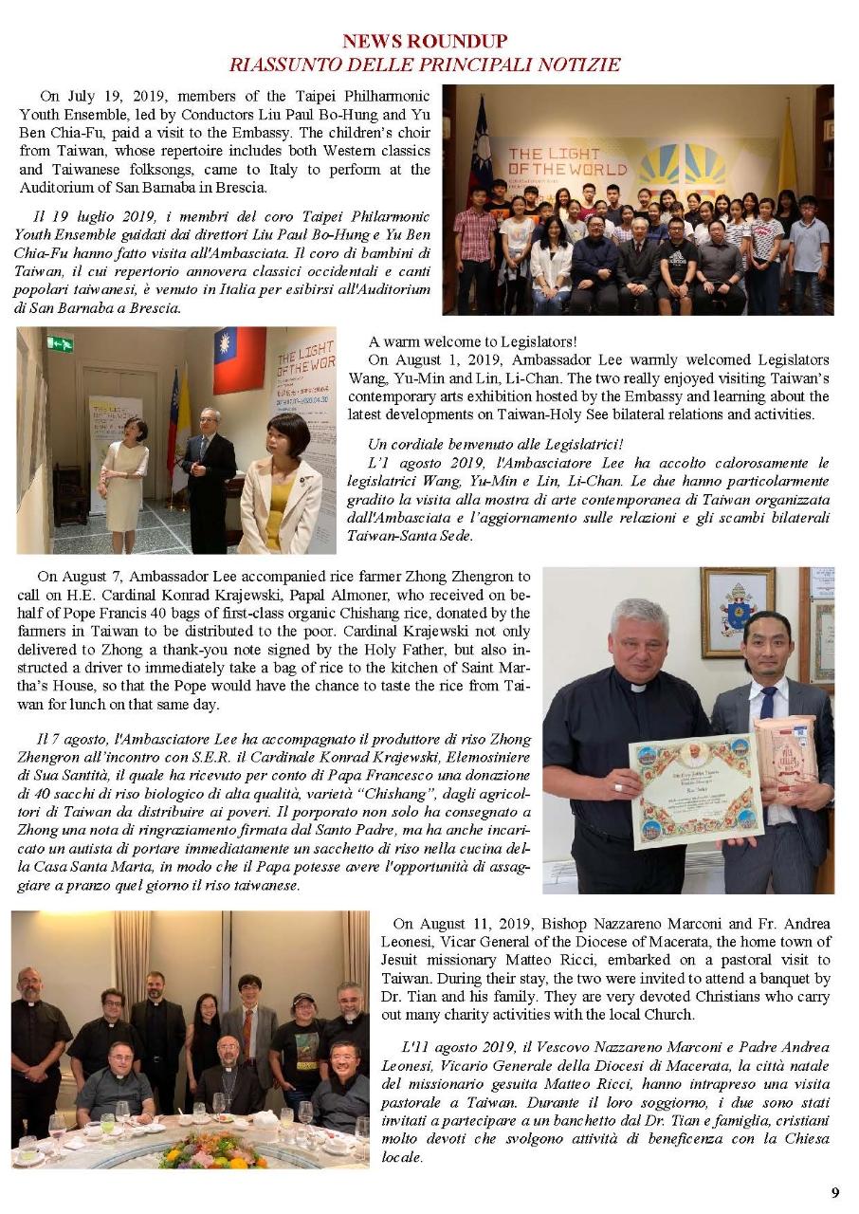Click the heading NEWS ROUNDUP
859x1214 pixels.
(x=425, y=42)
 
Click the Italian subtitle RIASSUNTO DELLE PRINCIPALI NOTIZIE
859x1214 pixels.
(x=425, y=64)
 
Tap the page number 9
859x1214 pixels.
(x=835, y=1193)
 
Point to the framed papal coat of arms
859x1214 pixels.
(x=737, y=611)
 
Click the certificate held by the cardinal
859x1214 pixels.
(x=695, y=786)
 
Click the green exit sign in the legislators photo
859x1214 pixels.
(x=60, y=343)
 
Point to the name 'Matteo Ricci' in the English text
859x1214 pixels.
(x=612, y=960)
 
